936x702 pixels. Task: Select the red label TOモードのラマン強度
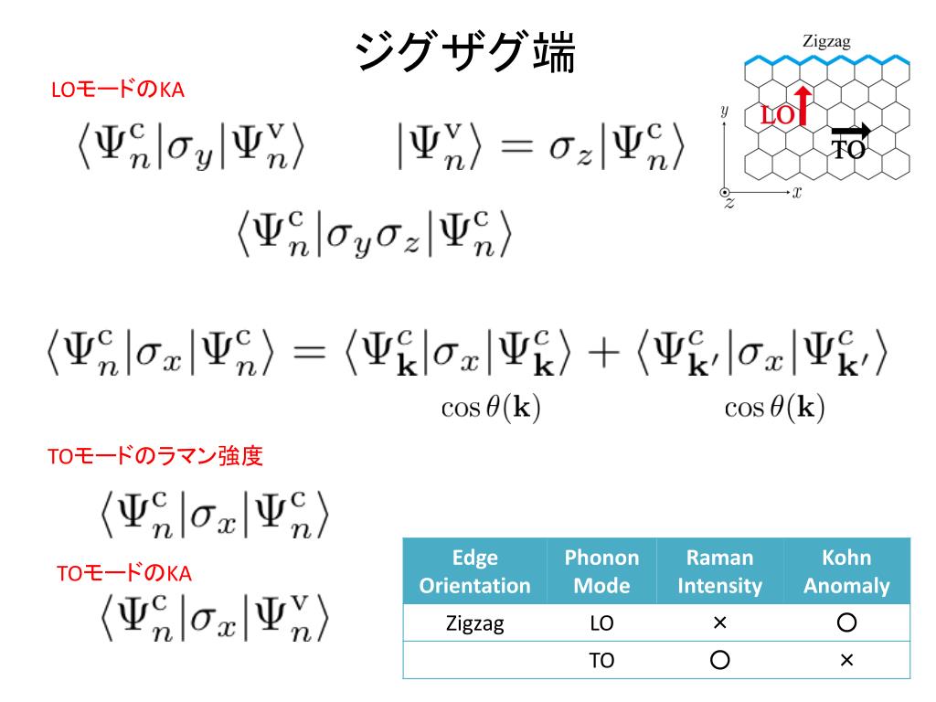point(155,456)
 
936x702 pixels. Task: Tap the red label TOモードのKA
point(124,573)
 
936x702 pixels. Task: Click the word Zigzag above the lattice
point(826,40)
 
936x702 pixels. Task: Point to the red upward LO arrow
point(802,105)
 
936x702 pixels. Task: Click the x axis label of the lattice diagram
point(797,193)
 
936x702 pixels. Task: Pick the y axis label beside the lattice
point(724,111)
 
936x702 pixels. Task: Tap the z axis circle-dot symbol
point(725,194)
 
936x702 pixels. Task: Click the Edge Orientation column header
point(474,571)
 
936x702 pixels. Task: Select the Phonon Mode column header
point(601,571)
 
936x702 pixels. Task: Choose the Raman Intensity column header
point(719,571)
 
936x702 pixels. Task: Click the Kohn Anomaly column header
point(846,571)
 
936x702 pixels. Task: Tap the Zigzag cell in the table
point(474,623)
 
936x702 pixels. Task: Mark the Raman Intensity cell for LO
point(719,623)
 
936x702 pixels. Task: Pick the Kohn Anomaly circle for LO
point(846,623)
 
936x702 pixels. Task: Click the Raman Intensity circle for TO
point(719,660)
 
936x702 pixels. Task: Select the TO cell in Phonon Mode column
point(601,660)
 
